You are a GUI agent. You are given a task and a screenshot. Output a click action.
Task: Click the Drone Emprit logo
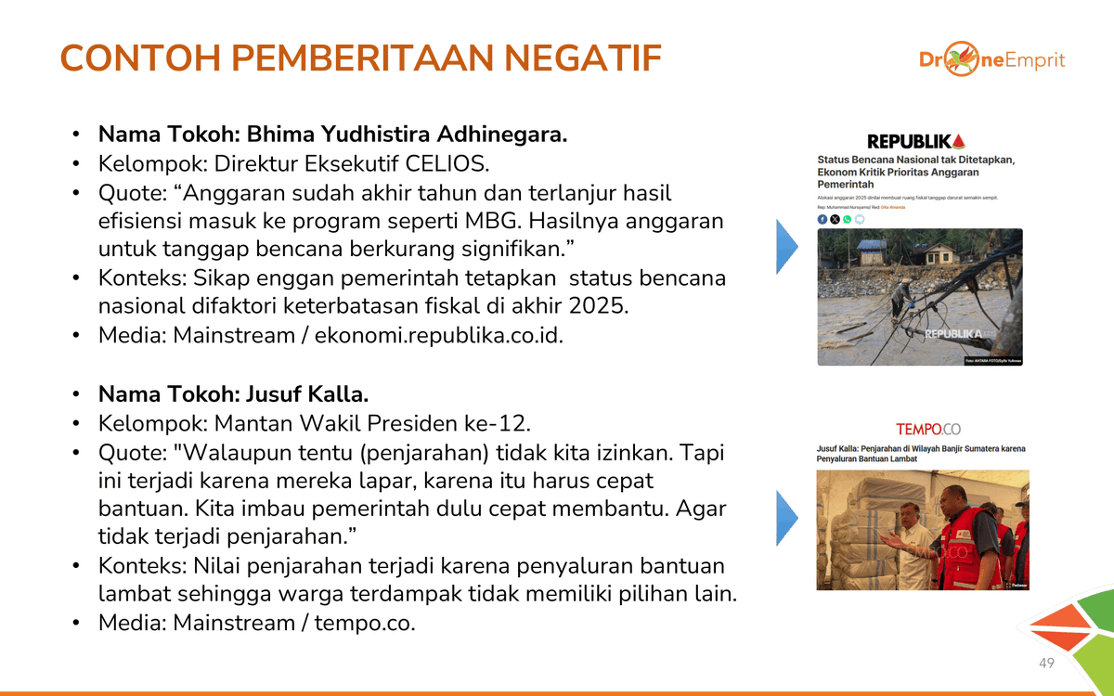pos(991,60)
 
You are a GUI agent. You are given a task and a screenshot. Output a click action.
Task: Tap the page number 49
pos(1046,663)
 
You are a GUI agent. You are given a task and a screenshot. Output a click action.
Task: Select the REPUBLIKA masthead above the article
pos(915,141)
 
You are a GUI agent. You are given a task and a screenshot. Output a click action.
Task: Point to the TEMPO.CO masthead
pos(927,429)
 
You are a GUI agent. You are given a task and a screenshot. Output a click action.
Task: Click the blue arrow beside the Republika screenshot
pos(786,247)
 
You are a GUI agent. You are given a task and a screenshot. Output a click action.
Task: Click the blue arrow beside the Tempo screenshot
pos(786,518)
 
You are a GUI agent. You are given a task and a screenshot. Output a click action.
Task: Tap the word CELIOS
pos(447,163)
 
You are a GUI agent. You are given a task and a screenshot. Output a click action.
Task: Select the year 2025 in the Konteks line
pos(598,306)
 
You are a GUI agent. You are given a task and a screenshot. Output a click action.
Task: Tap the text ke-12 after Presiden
pos(499,423)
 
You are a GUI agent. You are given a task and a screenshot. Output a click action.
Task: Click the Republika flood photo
pos(919,297)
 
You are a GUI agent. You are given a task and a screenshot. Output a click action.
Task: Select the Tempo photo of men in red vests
pos(922,530)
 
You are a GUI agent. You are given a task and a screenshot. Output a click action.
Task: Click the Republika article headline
pos(915,172)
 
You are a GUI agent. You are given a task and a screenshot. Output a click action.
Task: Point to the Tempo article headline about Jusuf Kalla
pos(921,454)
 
